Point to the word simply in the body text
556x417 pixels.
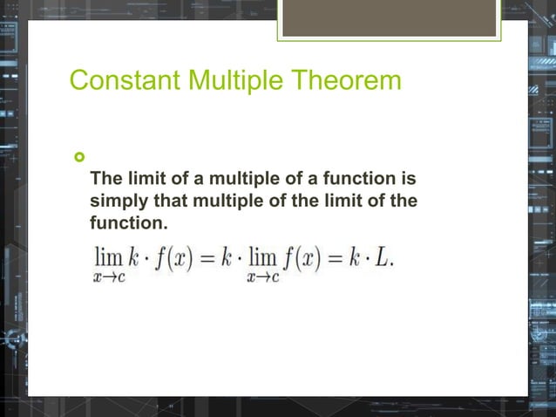tap(119, 202)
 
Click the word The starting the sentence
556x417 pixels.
tap(105, 180)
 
